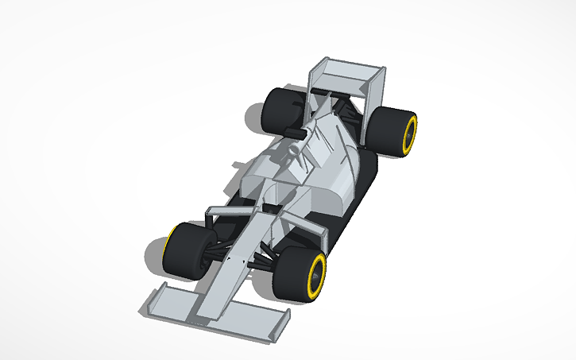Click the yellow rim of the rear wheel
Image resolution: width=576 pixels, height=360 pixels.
(411, 134)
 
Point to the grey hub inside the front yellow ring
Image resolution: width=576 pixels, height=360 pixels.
(317, 275)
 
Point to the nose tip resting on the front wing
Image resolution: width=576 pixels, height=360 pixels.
(208, 312)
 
